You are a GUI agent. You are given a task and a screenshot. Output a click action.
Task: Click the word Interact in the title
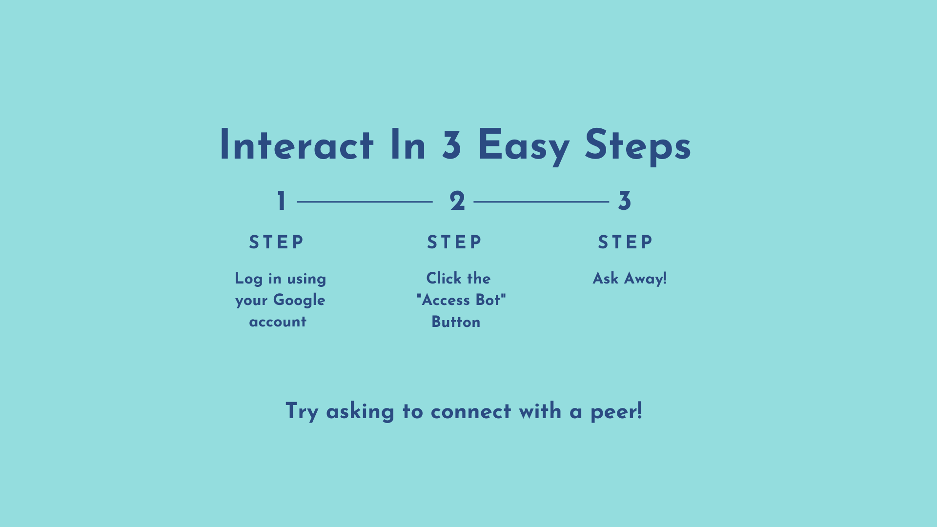click(x=297, y=145)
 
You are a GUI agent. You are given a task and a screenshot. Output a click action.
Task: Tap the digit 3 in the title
click(x=451, y=145)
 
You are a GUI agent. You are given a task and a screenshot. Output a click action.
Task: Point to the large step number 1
click(x=281, y=201)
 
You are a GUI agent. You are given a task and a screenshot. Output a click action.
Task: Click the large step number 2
click(x=457, y=201)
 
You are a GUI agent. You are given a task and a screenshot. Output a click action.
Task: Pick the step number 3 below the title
click(x=625, y=201)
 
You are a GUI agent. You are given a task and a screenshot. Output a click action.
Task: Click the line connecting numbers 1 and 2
click(x=365, y=202)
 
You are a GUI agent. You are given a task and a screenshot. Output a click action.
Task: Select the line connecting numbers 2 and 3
click(x=541, y=202)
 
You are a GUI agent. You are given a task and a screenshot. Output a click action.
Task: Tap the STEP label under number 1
click(x=276, y=243)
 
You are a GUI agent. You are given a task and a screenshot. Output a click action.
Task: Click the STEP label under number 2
click(x=454, y=243)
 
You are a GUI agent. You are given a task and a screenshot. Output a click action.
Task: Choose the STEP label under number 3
click(x=625, y=242)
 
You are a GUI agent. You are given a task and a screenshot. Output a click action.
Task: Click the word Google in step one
click(x=299, y=301)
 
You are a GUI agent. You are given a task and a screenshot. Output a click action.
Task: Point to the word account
click(x=278, y=322)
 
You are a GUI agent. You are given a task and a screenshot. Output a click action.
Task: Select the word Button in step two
click(x=456, y=322)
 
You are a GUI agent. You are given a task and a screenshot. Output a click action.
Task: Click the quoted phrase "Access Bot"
click(x=461, y=300)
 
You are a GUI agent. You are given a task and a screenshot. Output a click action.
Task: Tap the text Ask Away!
click(x=630, y=279)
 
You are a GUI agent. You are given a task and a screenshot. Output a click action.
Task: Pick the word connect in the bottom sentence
click(x=471, y=412)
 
